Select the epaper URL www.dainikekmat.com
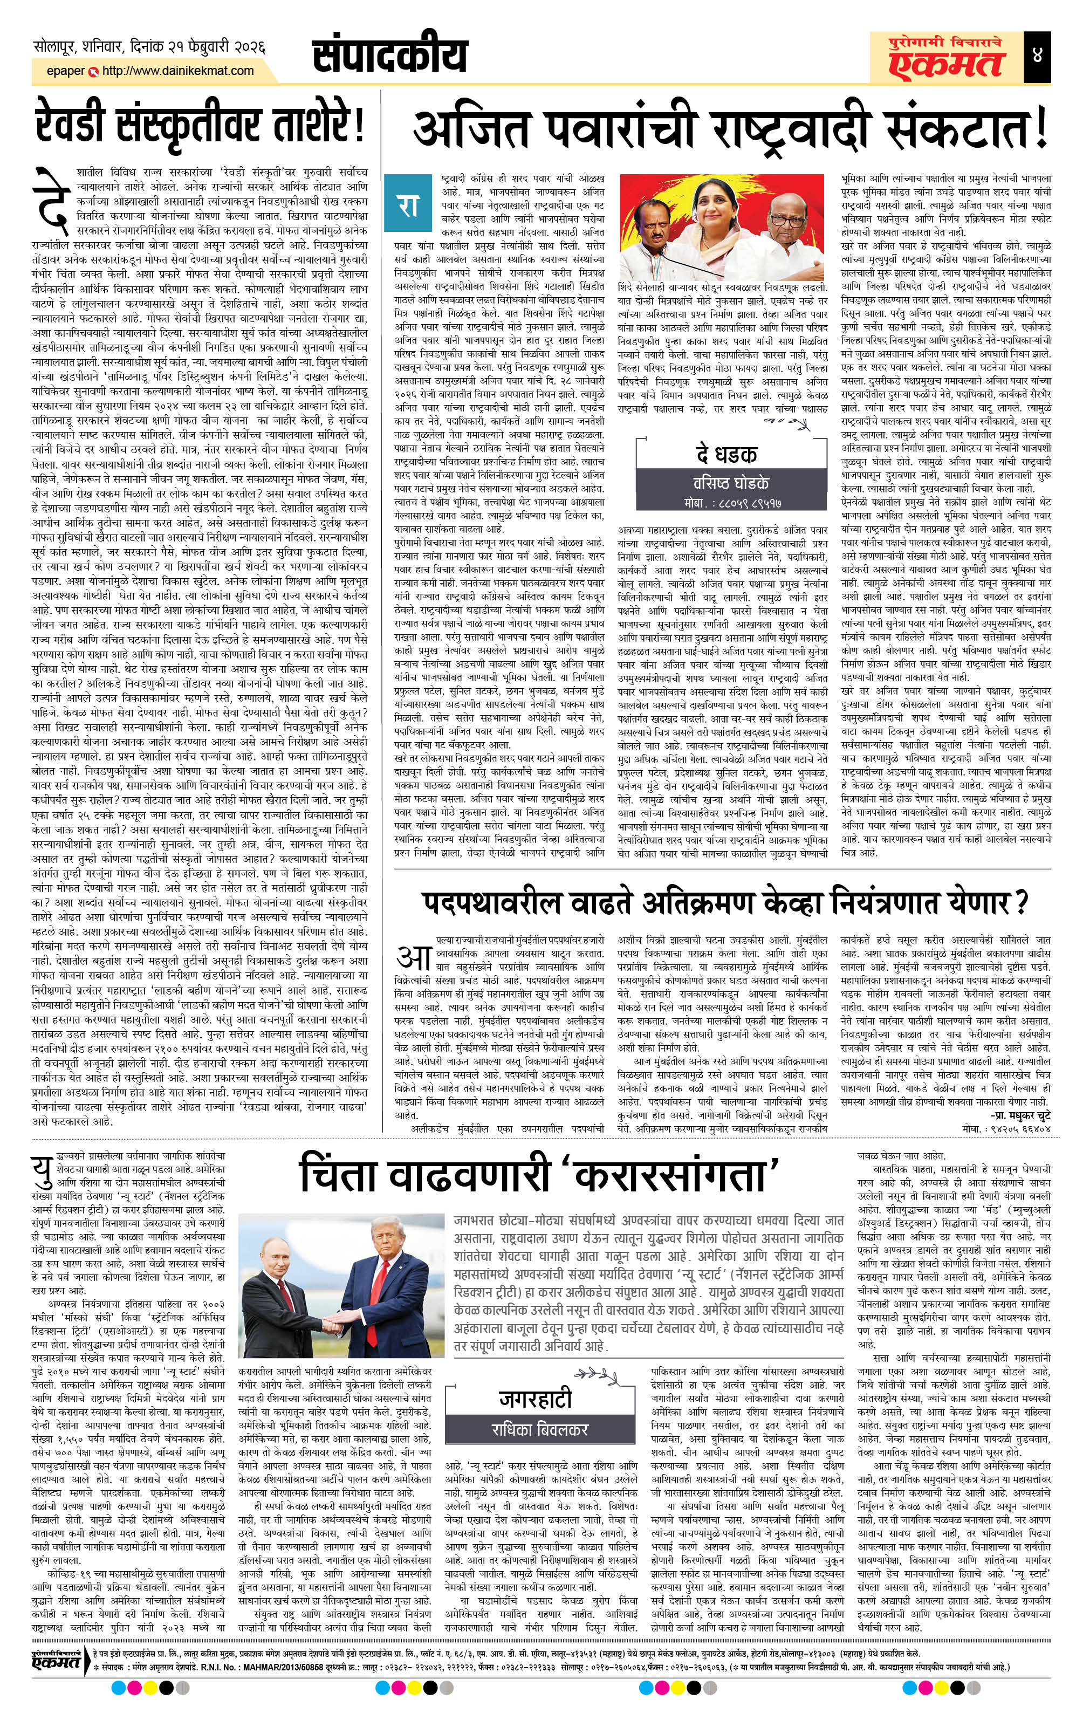[178, 71]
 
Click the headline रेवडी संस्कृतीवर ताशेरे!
[201, 126]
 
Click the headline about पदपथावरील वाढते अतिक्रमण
[724, 901]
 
